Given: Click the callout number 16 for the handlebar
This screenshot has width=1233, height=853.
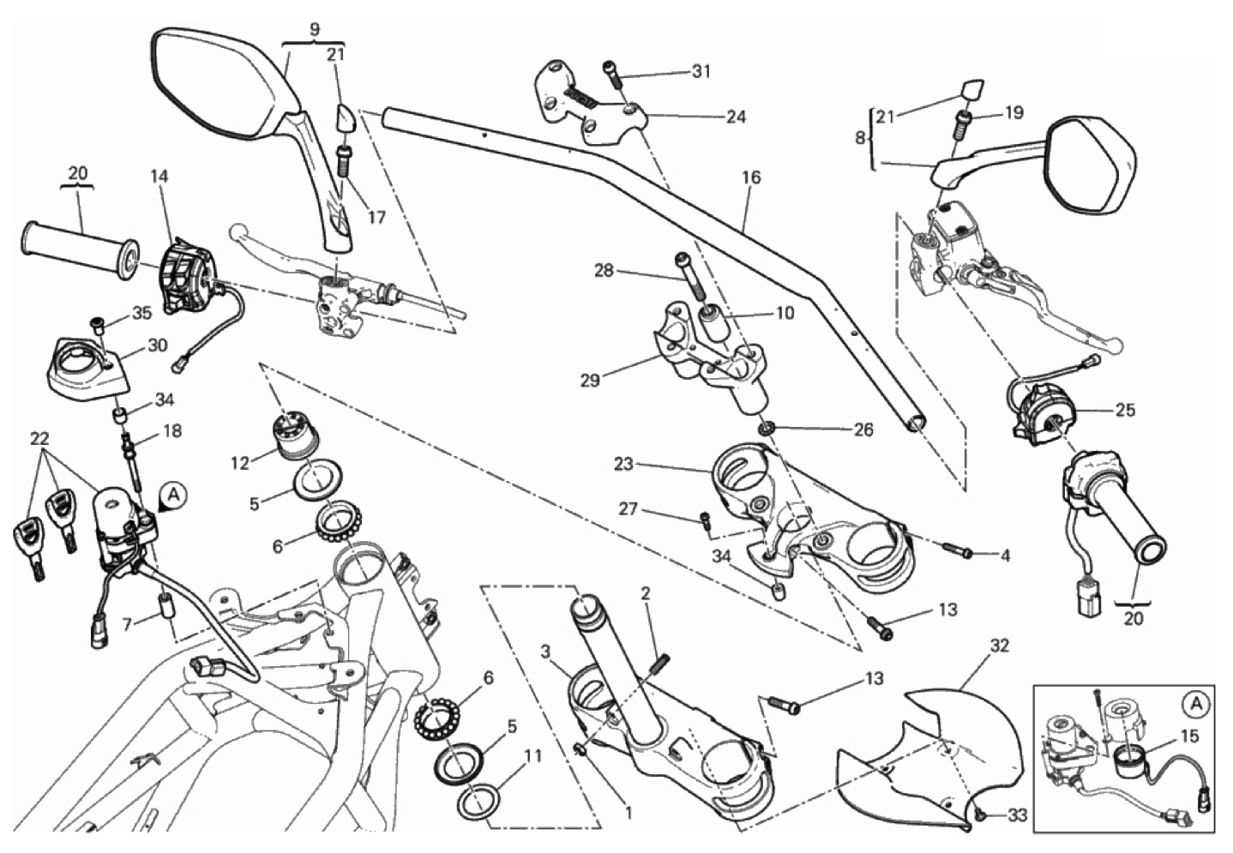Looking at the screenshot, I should [751, 178].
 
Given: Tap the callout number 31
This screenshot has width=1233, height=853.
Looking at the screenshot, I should [701, 72].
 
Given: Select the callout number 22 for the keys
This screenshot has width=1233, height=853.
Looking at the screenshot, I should [39, 438].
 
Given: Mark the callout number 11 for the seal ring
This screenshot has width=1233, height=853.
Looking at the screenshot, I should [532, 757].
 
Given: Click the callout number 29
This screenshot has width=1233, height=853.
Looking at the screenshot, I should [590, 379].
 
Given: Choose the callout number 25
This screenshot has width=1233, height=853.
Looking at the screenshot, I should [1125, 410].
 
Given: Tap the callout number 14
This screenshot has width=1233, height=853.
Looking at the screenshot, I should [159, 177].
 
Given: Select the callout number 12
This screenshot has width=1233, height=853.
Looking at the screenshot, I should [240, 463].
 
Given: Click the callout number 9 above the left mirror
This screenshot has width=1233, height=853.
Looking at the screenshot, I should [315, 29].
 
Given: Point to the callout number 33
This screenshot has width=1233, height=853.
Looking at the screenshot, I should [1017, 815].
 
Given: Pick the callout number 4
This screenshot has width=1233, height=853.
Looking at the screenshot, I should [1005, 556].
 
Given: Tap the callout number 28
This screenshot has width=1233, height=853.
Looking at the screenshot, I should [604, 271].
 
